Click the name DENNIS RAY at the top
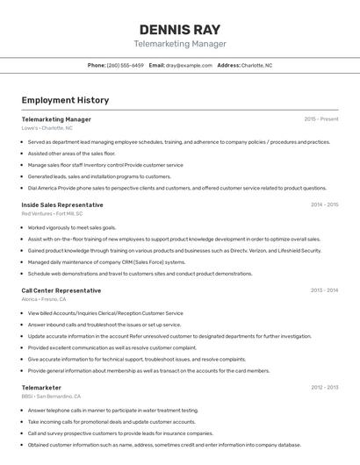[180, 29]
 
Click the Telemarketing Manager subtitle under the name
[180, 44]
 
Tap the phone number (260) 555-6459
[126, 65]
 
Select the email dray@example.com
[189, 65]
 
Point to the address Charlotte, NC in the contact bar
[256, 65]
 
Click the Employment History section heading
[65, 100]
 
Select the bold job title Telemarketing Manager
[56, 119]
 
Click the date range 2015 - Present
[321, 119]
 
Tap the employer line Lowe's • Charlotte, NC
[47, 128]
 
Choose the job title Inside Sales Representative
[62, 205]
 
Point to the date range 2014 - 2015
[324, 205]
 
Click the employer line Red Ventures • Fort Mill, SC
[52, 214]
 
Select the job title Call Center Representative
[61, 290]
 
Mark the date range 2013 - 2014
[324, 290]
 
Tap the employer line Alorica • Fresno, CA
[44, 299]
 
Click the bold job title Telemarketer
[41, 387]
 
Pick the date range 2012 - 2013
[324, 387]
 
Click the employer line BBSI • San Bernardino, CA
[51, 396]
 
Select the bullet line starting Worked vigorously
[72, 227]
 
